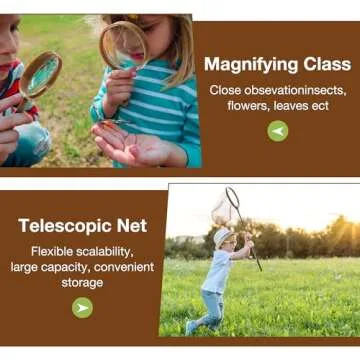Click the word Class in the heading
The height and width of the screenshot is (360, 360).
[322, 65]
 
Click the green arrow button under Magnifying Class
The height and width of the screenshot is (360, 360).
[278, 129]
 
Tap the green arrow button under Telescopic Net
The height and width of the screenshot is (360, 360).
[82, 308]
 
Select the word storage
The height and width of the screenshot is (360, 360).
[82, 283]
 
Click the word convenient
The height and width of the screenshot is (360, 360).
[121, 267]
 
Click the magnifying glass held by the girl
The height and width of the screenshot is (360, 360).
[123, 44]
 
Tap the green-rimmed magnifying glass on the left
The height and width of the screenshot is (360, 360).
[41, 74]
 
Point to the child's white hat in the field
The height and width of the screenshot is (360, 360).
[222, 236]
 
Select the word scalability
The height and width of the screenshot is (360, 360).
[108, 251]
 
